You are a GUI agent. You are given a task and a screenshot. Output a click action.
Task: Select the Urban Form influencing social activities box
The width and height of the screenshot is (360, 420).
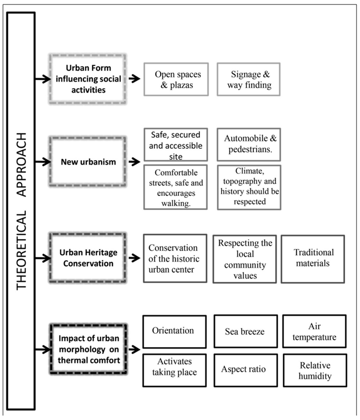pyautogui.click(x=87, y=78)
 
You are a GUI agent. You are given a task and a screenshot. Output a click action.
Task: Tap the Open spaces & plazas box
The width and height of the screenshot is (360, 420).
pyautogui.click(x=175, y=79)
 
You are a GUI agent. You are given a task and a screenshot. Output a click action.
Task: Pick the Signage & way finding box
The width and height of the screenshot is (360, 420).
pyautogui.click(x=248, y=79)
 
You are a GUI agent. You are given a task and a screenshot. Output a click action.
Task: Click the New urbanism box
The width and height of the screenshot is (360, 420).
pyautogui.click(x=87, y=162)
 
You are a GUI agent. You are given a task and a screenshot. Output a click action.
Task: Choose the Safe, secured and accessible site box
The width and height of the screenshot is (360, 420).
pyautogui.click(x=175, y=144)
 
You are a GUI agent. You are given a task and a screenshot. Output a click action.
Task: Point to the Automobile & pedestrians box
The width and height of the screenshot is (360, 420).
pyautogui.click(x=248, y=144)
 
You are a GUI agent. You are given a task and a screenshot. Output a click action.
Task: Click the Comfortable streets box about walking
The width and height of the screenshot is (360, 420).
pyautogui.click(x=175, y=186)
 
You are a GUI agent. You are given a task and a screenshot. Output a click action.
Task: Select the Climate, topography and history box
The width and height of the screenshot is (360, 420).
pyautogui.click(x=248, y=186)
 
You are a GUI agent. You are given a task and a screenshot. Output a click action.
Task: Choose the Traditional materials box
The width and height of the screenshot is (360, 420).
pyautogui.click(x=312, y=258)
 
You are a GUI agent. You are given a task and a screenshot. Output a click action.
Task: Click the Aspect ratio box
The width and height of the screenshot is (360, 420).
pyautogui.click(x=244, y=370)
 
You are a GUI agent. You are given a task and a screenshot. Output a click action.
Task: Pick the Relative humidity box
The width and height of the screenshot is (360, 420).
pyautogui.click(x=313, y=370)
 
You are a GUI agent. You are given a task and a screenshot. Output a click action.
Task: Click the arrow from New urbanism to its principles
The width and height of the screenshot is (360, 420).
pyautogui.click(x=135, y=162)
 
